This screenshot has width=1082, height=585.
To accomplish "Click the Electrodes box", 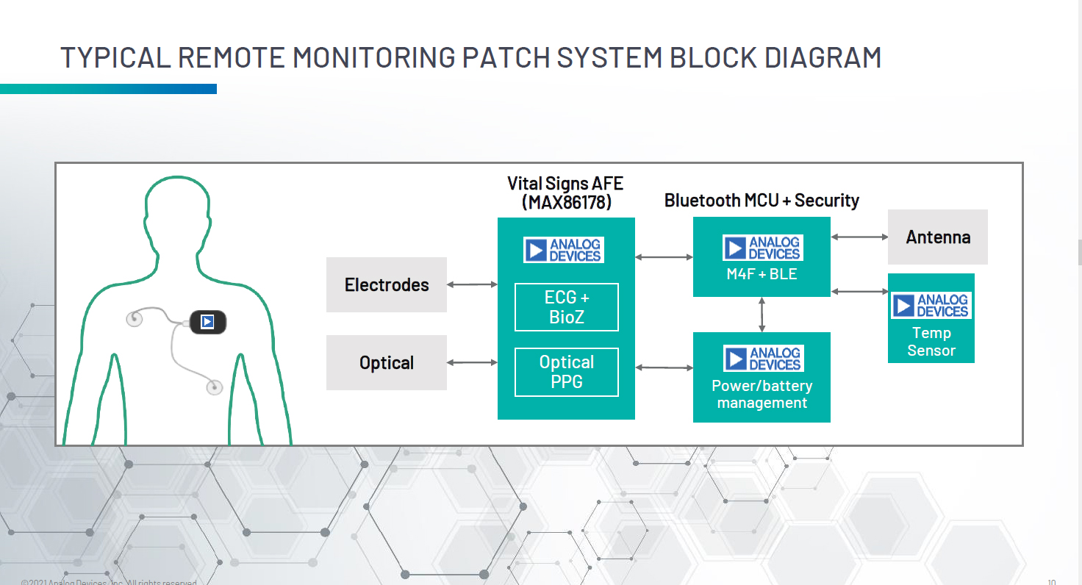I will coord(387,284).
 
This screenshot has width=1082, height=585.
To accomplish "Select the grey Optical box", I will coord(387,362).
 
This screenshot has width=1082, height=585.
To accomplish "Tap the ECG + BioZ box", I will coord(567,307).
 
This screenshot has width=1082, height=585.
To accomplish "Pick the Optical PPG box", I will coord(567,372).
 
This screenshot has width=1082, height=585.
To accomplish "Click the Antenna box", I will coord(938,237).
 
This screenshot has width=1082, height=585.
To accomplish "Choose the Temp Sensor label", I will coord(931,342).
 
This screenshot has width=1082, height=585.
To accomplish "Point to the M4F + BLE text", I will coord(762,275).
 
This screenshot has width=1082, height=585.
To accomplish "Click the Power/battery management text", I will coord(762,394).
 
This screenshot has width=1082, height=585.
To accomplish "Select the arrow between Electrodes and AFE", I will coord(472,284).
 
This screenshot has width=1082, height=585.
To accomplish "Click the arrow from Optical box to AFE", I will coord(472,362).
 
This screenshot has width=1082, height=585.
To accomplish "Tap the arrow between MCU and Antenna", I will coord(859,237).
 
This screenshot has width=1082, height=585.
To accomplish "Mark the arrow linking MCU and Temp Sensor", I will coord(859,292).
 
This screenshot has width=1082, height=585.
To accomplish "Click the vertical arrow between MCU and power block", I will coord(762,315).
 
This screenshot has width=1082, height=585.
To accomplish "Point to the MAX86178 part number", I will coord(567,202).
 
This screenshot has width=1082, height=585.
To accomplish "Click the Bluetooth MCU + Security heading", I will coord(762,200).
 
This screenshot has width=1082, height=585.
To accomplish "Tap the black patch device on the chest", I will coord(208,322).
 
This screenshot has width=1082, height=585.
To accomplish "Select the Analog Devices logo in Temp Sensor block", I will coord(931,306).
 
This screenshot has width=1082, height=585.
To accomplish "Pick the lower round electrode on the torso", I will coord(214,386).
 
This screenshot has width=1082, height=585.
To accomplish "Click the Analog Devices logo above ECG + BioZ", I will coord(564,250).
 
